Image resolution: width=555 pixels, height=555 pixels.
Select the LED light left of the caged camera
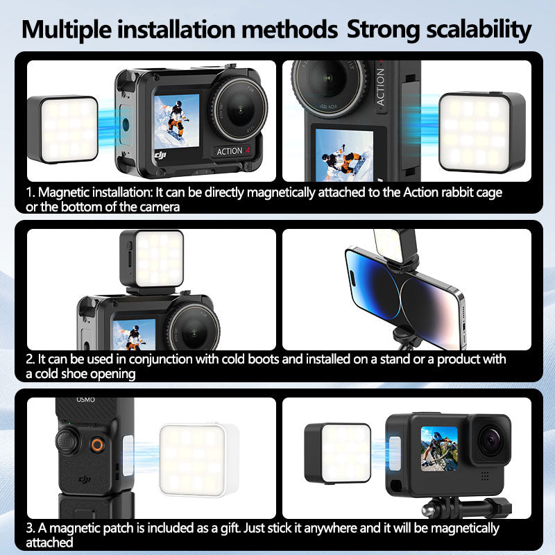coord(63,130)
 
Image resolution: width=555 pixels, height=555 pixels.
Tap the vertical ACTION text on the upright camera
coord(380,87)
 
